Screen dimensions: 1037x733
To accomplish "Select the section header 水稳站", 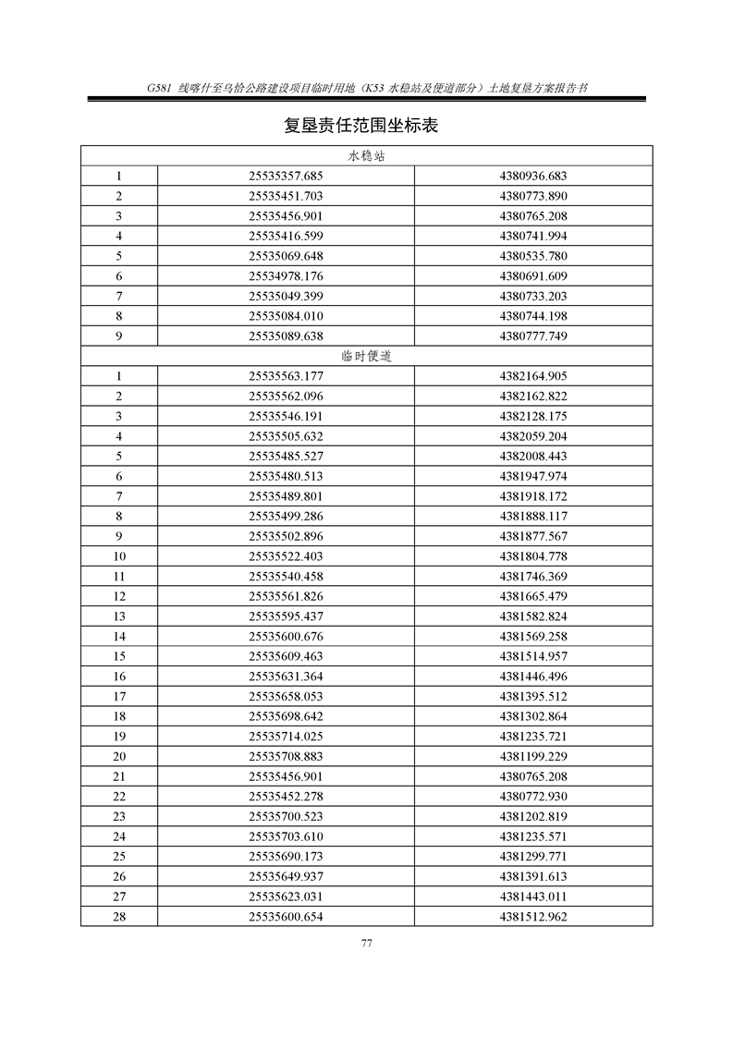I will click(366, 155).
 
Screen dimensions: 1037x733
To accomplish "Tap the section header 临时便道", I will click(366, 356).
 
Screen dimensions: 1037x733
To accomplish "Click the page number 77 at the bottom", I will click(366, 943).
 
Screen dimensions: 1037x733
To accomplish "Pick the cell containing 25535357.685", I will click(286, 176).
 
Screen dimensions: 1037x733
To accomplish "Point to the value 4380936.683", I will click(532, 176).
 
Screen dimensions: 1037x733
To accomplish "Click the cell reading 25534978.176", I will click(286, 275).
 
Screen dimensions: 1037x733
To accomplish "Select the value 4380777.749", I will click(532, 335).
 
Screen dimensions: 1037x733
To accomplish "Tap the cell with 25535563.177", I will click(286, 376).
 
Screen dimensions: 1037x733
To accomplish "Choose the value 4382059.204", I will click(532, 436).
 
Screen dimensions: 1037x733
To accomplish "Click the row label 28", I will click(119, 917).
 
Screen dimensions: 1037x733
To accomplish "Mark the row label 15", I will click(119, 656).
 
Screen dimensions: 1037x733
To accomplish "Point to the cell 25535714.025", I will click(286, 737).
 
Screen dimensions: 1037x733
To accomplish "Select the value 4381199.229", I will click(532, 756).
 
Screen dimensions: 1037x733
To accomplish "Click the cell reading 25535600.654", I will click(286, 917).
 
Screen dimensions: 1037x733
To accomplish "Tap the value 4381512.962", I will click(532, 917).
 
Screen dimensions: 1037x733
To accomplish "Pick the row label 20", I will click(119, 756).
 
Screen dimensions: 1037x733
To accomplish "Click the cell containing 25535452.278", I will click(286, 797).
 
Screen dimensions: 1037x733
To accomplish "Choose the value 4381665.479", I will click(532, 596).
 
